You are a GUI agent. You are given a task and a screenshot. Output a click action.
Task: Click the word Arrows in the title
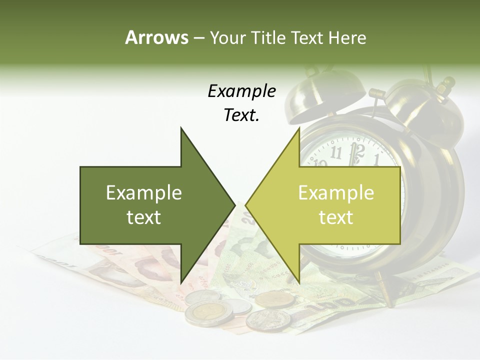pos(156,37)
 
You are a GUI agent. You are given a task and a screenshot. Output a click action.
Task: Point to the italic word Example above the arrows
pos(241,91)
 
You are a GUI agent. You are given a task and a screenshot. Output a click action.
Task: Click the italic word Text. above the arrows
pos(241,115)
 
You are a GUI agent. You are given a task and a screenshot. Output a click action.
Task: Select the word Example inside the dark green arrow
pos(144,192)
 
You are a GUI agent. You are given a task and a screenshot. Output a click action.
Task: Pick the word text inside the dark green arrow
pos(144,217)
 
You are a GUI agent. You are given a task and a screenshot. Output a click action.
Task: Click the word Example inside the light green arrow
pos(336,192)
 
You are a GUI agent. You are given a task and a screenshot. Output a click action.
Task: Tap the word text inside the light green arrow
pos(336,217)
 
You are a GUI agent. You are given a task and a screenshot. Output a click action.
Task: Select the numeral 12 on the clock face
pos(357,149)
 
